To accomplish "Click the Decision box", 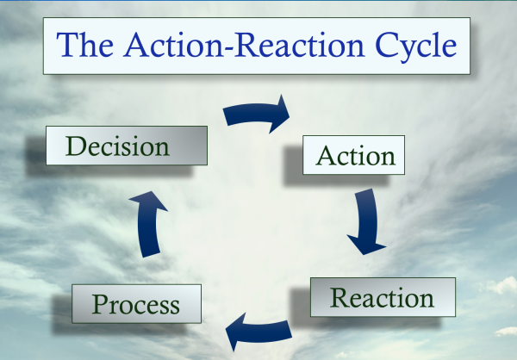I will point(127,146).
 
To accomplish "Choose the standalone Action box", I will point(353,156).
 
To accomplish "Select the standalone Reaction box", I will point(382,298).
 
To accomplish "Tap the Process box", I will point(136,304).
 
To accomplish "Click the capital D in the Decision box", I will point(78,146).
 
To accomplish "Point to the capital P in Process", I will point(100,304).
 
